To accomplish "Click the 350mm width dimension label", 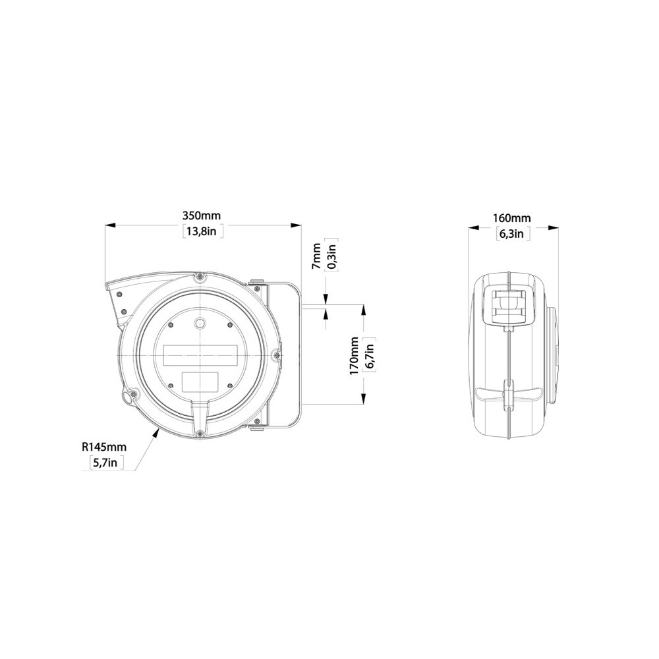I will point(202,215).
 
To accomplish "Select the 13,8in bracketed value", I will point(202,231).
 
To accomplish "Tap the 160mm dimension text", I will point(511,218).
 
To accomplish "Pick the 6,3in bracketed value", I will point(511,233).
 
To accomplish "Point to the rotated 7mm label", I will point(317,256).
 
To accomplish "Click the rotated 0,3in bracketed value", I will point(332,256).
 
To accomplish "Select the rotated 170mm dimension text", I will point(354,357).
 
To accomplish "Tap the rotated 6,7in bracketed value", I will point(370,357).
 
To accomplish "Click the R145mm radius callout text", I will point(104,447).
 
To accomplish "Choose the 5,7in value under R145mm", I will point(104,463).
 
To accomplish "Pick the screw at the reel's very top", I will point(199,279).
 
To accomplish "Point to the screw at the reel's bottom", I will point(199,433).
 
